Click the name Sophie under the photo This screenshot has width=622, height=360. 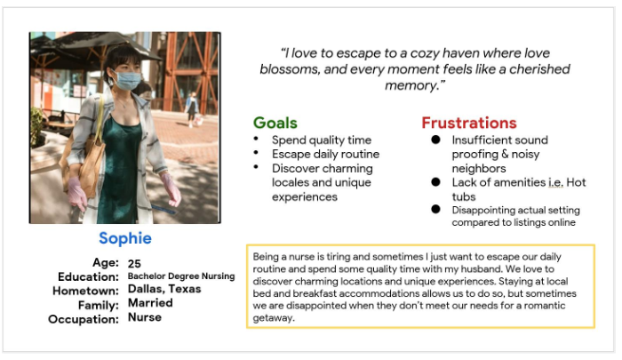click(x=125, y=238)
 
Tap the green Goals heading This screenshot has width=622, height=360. click(x=275, y=123)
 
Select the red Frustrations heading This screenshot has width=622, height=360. click(x=469, y=123)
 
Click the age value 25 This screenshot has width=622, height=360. click(x=134, y=263)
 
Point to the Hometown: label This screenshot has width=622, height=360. click(x=85, y=291)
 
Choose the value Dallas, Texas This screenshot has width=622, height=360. click(x=164, y=289)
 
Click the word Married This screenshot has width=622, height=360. click(x=150, y=303)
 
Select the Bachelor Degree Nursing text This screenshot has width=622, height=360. click(x=181, y=276)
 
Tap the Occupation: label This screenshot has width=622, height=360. click(x=84, y=319)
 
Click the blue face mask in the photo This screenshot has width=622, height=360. click(x=127, y=81)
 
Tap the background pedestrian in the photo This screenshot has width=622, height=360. click(x=193, y=108)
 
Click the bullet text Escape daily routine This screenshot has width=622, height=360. click(x=326, y=155)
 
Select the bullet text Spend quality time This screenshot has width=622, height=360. click(x=322, y=140)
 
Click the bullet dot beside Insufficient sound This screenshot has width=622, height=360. click(x=435, y=140)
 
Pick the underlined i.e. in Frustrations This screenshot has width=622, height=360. click(x=555, y=182)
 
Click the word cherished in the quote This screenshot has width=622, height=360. click(x=539, y=69)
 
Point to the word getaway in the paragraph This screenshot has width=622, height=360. click(x=273, y=318)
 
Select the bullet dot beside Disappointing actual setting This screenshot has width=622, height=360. click(x=435, y=209)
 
